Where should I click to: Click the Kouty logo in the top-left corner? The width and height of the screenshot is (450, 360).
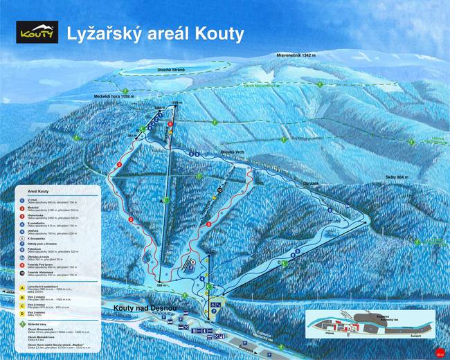click(x=37, y=32)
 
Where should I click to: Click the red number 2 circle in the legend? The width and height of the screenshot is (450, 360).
click(x=22, y=208)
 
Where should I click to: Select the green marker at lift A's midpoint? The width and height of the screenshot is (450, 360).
click(x=164, y=201)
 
